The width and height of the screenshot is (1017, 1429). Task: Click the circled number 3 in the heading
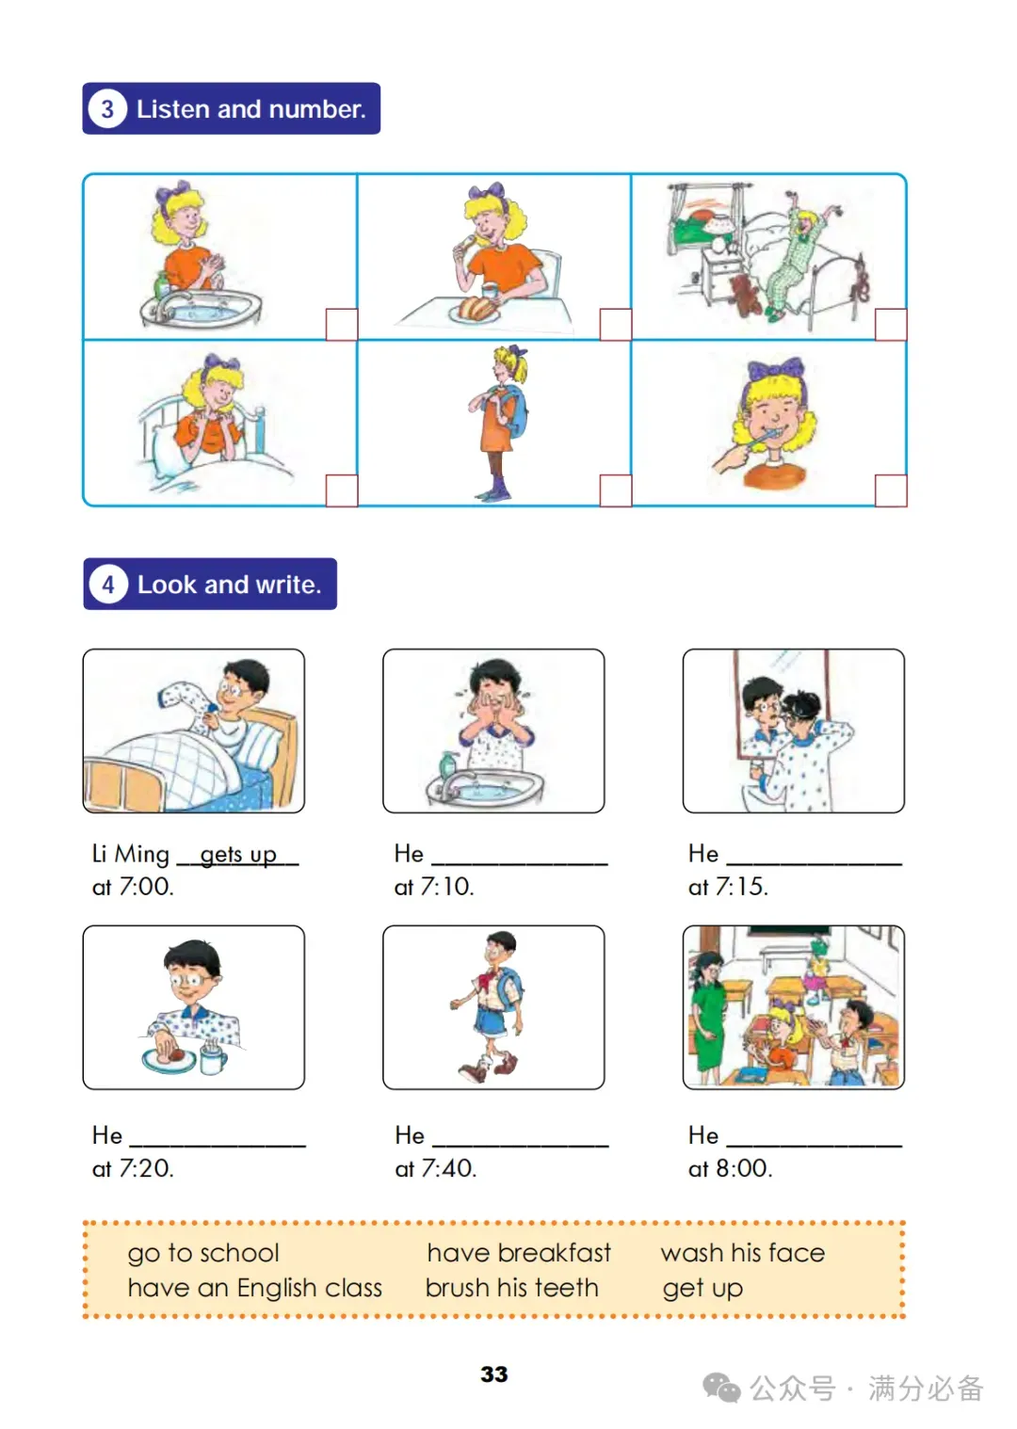(x=107, y=109)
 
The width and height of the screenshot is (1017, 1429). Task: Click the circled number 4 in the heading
(x=108, y=585)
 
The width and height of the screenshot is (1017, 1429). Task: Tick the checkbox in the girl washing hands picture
(x=342, y=325)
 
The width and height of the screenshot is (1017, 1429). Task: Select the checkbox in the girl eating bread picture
(x=617, y=325)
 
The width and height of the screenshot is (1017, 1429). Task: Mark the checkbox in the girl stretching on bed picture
(x=892, y=325)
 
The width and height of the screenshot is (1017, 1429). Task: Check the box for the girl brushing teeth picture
(x=892, y=490)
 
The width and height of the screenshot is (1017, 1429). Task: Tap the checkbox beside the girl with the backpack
(x=617, y=490)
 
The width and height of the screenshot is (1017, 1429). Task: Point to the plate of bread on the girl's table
(x=476, y=310)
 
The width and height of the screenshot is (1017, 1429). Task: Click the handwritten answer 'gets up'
(x=238, y=854)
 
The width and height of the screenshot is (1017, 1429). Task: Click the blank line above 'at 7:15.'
(x=815, y=864)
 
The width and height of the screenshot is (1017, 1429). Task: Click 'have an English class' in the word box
(x=254, y=1289)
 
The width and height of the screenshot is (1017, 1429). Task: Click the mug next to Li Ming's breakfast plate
(x=213, y=1060)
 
